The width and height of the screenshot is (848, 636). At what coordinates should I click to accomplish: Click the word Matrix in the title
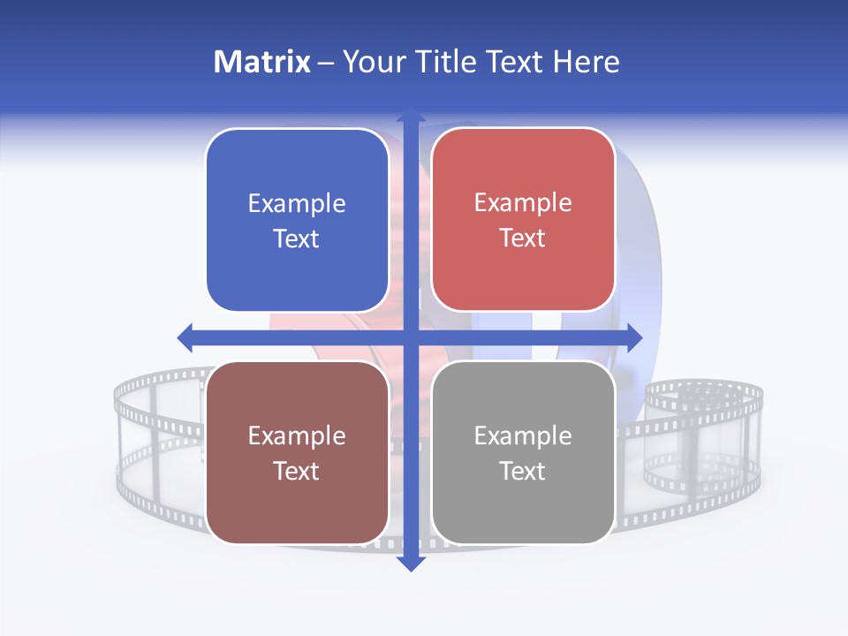tap(262, 62)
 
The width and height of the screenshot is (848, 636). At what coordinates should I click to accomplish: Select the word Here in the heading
tap(587, 62)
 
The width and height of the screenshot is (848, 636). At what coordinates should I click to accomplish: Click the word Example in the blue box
tap(297, 204)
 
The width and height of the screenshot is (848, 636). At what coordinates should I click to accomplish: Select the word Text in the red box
tap(523, 238)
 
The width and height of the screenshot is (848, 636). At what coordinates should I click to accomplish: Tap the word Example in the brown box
tap(297, 436)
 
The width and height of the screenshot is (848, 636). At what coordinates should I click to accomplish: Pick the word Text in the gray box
tap(523, 472)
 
